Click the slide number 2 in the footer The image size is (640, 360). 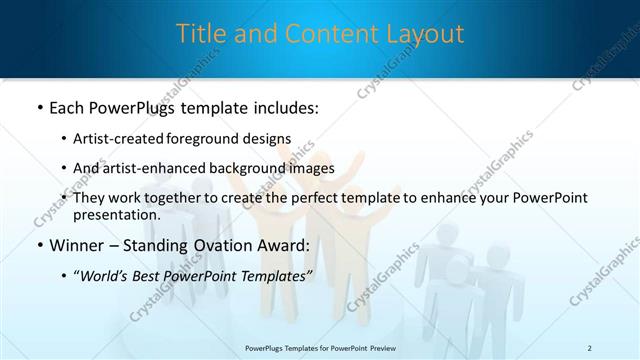click(590, 347)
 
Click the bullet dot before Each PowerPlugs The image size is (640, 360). click(39, 107)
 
